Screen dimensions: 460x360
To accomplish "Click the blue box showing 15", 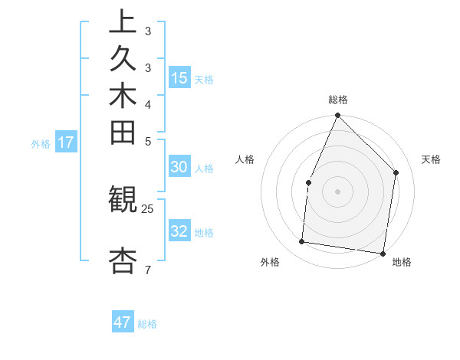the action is tap(179, 77).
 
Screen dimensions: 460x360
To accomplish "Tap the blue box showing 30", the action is tap(179, 168).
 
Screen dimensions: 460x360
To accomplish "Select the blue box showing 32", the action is tap(179, 231).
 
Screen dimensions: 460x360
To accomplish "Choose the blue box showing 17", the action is tap(66, 142).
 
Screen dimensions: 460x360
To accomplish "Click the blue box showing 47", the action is tap(123, 322).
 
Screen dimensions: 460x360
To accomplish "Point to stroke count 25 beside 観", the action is tap(148, 208).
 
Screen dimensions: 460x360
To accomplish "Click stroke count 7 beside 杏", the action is tap(148, 270).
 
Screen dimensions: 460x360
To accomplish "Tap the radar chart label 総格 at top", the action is tap(337, 100).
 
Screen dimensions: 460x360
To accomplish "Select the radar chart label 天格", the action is tap(431, 159).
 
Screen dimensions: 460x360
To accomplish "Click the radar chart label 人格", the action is tap(245, 159).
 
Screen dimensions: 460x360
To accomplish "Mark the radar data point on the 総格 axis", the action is tap(337, 116).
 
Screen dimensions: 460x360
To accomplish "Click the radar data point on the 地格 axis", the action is tap(383, 253).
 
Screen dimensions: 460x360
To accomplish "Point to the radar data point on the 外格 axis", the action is tap(302, 242).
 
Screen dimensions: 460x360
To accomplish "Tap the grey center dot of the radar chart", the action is tap(337, 191).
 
